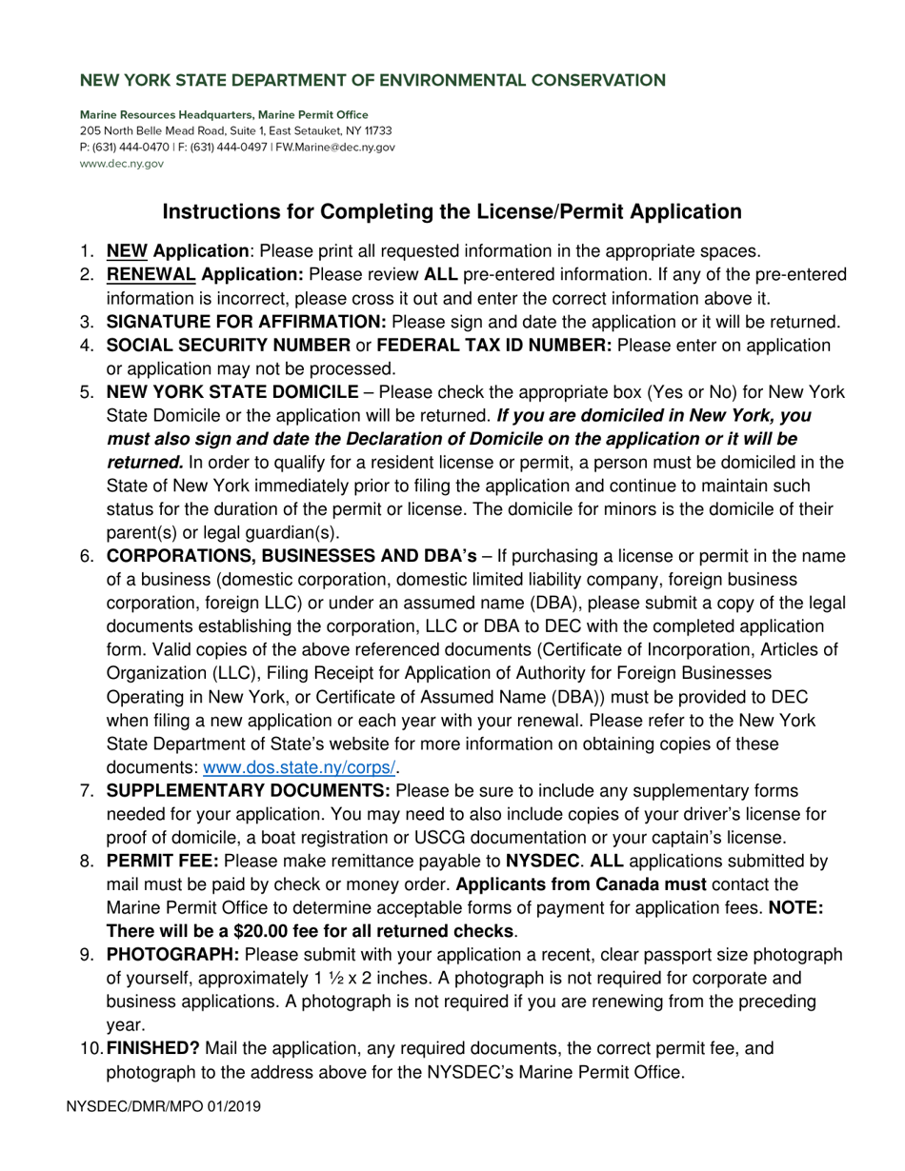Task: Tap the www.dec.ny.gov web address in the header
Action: pyautogui.click(x=121, y=164)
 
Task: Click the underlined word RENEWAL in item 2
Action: pyautogui.click(x=151, y=275)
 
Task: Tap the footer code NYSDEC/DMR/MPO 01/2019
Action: pyautogui.click(x=164, y=1107)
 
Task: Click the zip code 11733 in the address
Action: pyautogui.click(x=376, y=131)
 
